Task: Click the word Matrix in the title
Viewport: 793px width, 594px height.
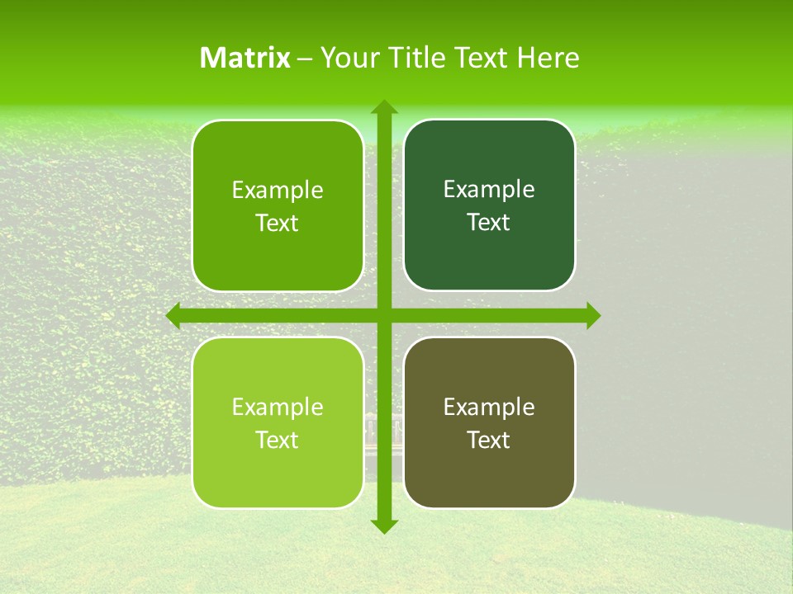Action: pos(245,58)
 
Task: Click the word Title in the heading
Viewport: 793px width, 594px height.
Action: pos(416,58)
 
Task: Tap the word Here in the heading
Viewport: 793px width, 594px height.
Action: pos(548,58)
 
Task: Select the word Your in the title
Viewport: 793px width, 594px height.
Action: pos(349,58)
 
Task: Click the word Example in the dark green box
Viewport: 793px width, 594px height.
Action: pos(489,190)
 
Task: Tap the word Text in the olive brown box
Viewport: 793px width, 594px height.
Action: pos(489,440)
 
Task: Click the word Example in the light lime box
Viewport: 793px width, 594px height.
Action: pos(278,407)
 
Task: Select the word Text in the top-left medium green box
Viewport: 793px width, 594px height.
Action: pos(278,223)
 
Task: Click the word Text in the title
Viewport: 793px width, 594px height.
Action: pos(480,58)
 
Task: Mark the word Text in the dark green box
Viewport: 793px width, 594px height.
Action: pos(489,222)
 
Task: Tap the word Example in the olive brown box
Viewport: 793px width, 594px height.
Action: pos(489,407)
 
